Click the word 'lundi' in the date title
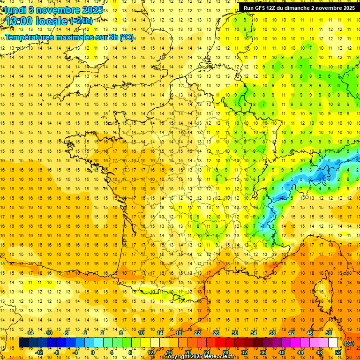click(x=15, y=9)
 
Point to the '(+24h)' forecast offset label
click(x=81, y=21)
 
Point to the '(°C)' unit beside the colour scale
click(x=349, y=343)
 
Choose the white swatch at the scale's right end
click(x=333, y=343)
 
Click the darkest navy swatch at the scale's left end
click(x=23, y=343)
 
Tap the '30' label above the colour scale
click(x=234, y=333)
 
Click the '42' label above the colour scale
click(x=291, y=333)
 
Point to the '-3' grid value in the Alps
click(x=320, y=179)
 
